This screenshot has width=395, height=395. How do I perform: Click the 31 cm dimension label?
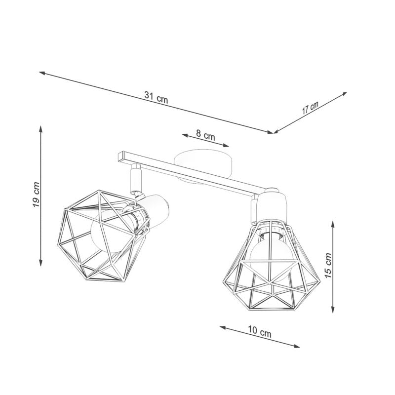[x=157, y=98]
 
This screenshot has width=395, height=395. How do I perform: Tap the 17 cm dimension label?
[x=311, y=108]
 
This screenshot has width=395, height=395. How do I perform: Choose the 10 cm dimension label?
[x=260, y=332]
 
